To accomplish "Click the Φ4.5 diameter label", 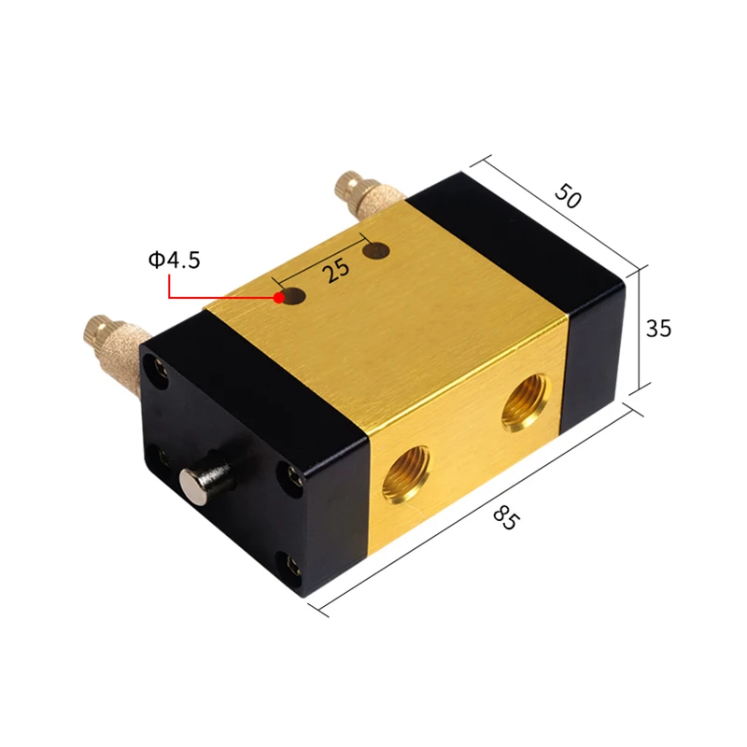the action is click(174, 261).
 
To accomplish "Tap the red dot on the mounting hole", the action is click(278, 298).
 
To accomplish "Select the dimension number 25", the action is click(336, 271).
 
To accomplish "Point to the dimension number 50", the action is click(568, 195).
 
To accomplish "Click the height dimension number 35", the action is click(658, 329).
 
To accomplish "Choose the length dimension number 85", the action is click(505, 518).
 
